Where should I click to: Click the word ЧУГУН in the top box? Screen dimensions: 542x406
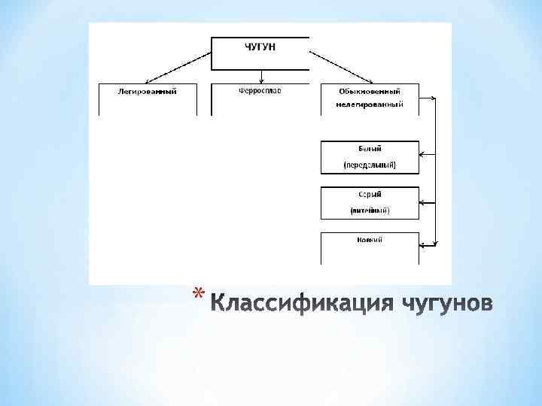click(x=260, y=47)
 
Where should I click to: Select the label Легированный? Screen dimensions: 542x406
click(x=148, y=91)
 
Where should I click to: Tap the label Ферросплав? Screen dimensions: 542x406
click(x=260, y=90)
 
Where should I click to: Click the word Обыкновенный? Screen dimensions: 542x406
click(x=370, y=91)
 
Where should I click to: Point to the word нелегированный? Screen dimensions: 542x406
click(x=370, y=105)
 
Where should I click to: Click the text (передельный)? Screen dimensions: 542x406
click(x=370, y=164)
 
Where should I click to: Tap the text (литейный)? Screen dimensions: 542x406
click(x=370, y=211)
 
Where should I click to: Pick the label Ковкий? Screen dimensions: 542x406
click(x=370, y=240)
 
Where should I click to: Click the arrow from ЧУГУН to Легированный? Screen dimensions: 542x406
click(x=178, y=67)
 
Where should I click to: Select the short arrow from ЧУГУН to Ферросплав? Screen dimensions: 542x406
click(x=261, y=76)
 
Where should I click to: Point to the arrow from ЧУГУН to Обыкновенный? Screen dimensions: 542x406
click(x=343, y=67)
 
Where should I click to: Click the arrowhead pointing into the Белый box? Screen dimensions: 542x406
click(x=423, y=156)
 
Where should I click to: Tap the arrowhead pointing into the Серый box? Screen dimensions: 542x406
click(x=423, y=202)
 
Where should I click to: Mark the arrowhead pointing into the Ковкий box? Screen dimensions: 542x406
click(x=423, y=244)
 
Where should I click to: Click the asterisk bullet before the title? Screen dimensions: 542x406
click(x=196, y=292)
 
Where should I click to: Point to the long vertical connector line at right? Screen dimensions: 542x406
click(x=436, y=173)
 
